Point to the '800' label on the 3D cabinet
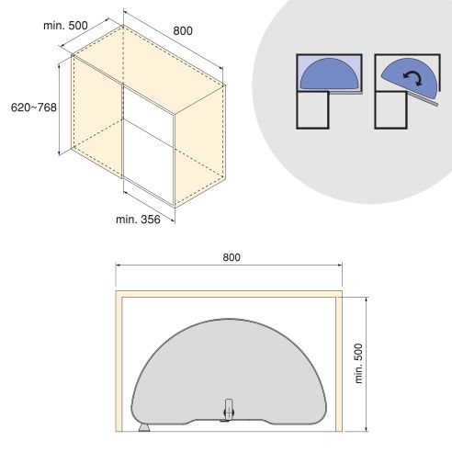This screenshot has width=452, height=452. point(183,31)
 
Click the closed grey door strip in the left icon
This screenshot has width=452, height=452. point(348,93)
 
